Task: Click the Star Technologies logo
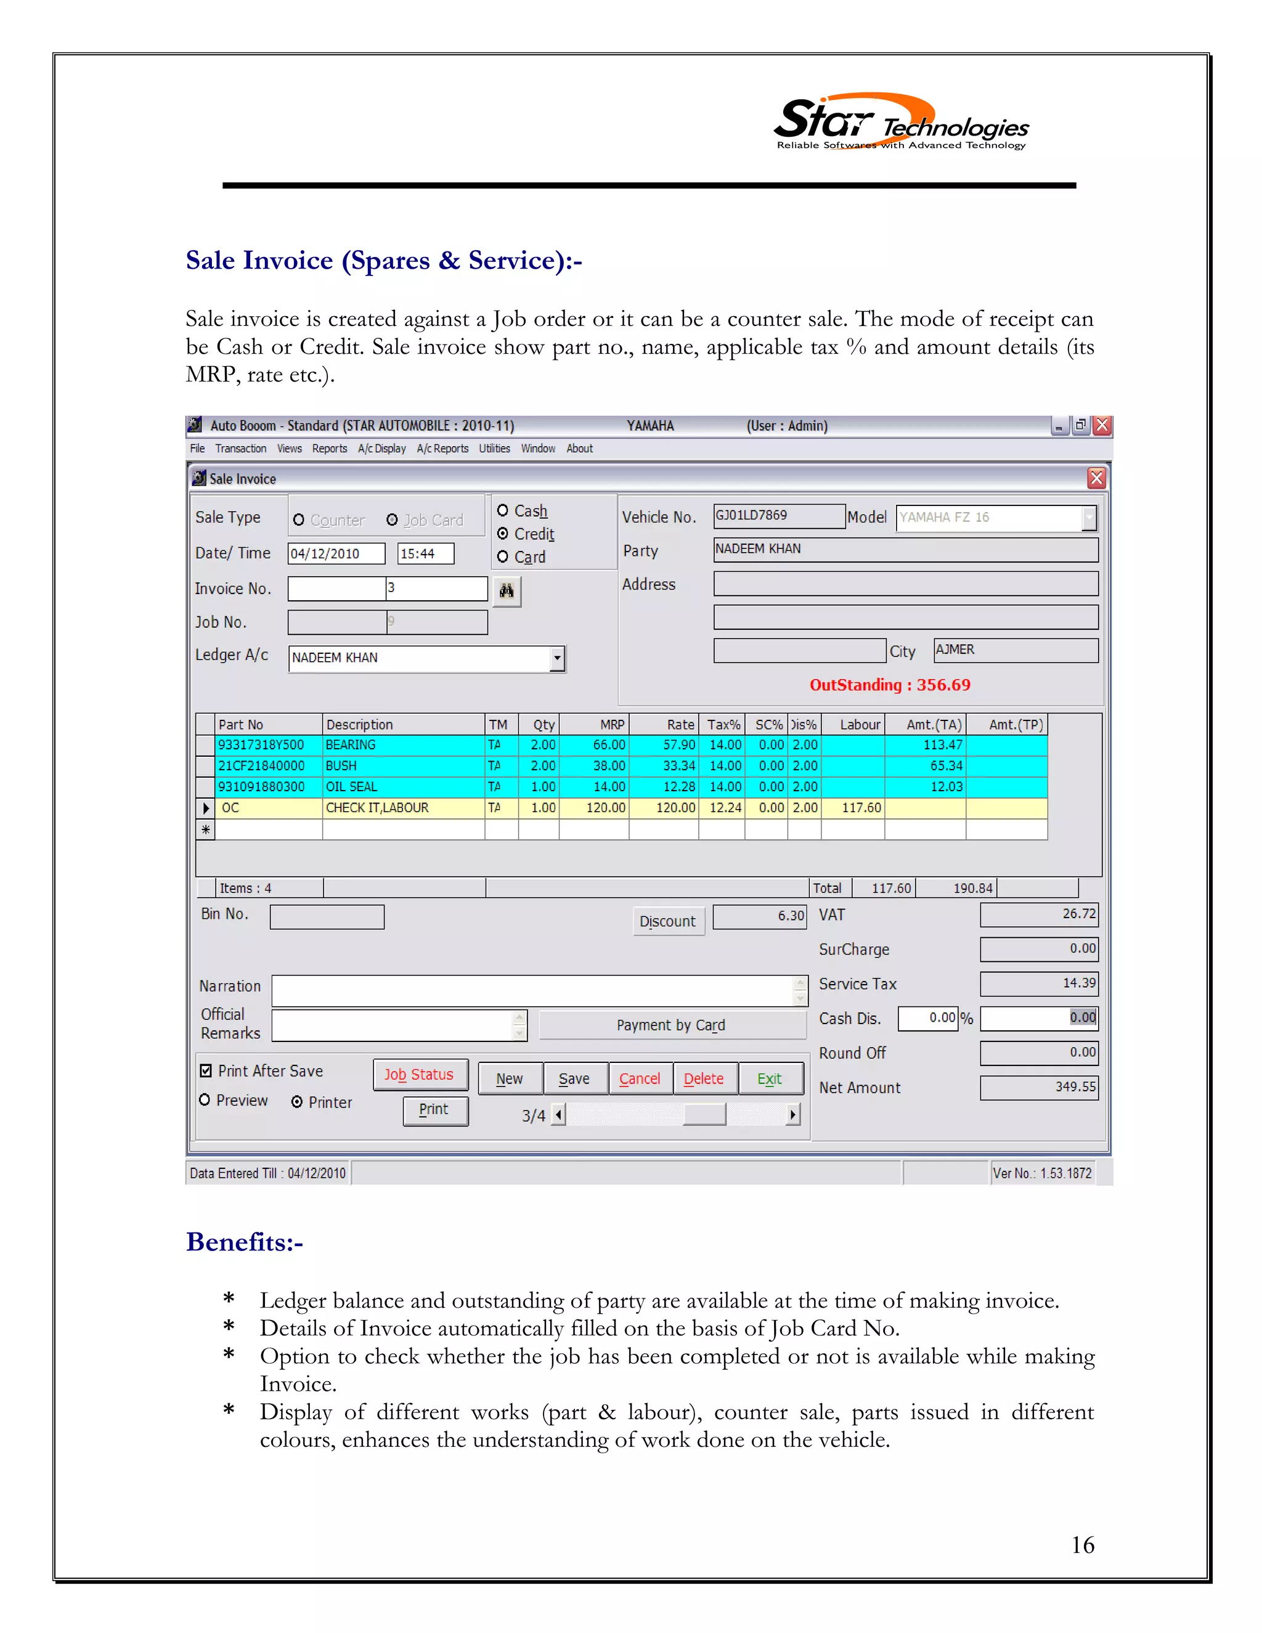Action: coord(900,123)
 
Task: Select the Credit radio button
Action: coord(503,533)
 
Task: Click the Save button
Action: coord(574,1078)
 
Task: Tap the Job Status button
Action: coord(420,1075)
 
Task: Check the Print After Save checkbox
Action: coord(206,1071)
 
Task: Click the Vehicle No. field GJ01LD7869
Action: coord(778,516)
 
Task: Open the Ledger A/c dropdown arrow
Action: coord(557,658)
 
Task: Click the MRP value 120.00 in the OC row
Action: coord(595,807)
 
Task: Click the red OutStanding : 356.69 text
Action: coord(889,685)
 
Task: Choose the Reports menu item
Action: coord(330,449)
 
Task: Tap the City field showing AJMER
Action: coord(1014,650)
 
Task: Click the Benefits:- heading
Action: coord(245,1242)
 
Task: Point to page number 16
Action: coord(1082,1545)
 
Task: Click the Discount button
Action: coord(667,921)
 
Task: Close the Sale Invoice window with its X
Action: coord(1096,479)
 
